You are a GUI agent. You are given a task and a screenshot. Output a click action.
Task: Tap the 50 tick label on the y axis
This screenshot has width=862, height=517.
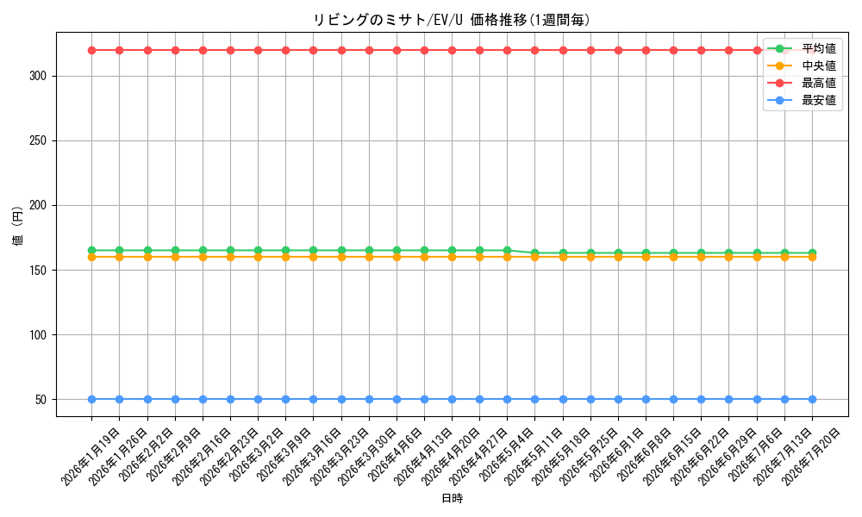(x=41, y=400)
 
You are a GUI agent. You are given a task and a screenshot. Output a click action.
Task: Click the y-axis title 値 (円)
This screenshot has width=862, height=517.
(x=17, y=225)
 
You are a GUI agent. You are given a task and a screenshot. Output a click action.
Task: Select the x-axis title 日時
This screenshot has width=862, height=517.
(x=452, y=498)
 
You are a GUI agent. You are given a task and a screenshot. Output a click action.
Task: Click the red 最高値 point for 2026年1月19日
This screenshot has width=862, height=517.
(x=92, y=51)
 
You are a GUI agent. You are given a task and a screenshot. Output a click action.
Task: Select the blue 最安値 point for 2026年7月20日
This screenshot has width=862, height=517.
(x=812, y=400)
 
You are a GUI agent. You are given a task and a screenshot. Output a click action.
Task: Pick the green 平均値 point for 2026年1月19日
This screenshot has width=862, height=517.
(x=92, y=251)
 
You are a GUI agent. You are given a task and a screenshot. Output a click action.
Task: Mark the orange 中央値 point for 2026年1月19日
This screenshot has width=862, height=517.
(x=92, y=257)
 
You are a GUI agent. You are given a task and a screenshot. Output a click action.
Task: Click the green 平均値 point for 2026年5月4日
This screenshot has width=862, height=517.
(x=508, y=251)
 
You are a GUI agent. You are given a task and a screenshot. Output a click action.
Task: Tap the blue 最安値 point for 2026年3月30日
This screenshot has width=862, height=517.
(x=369, y=400)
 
